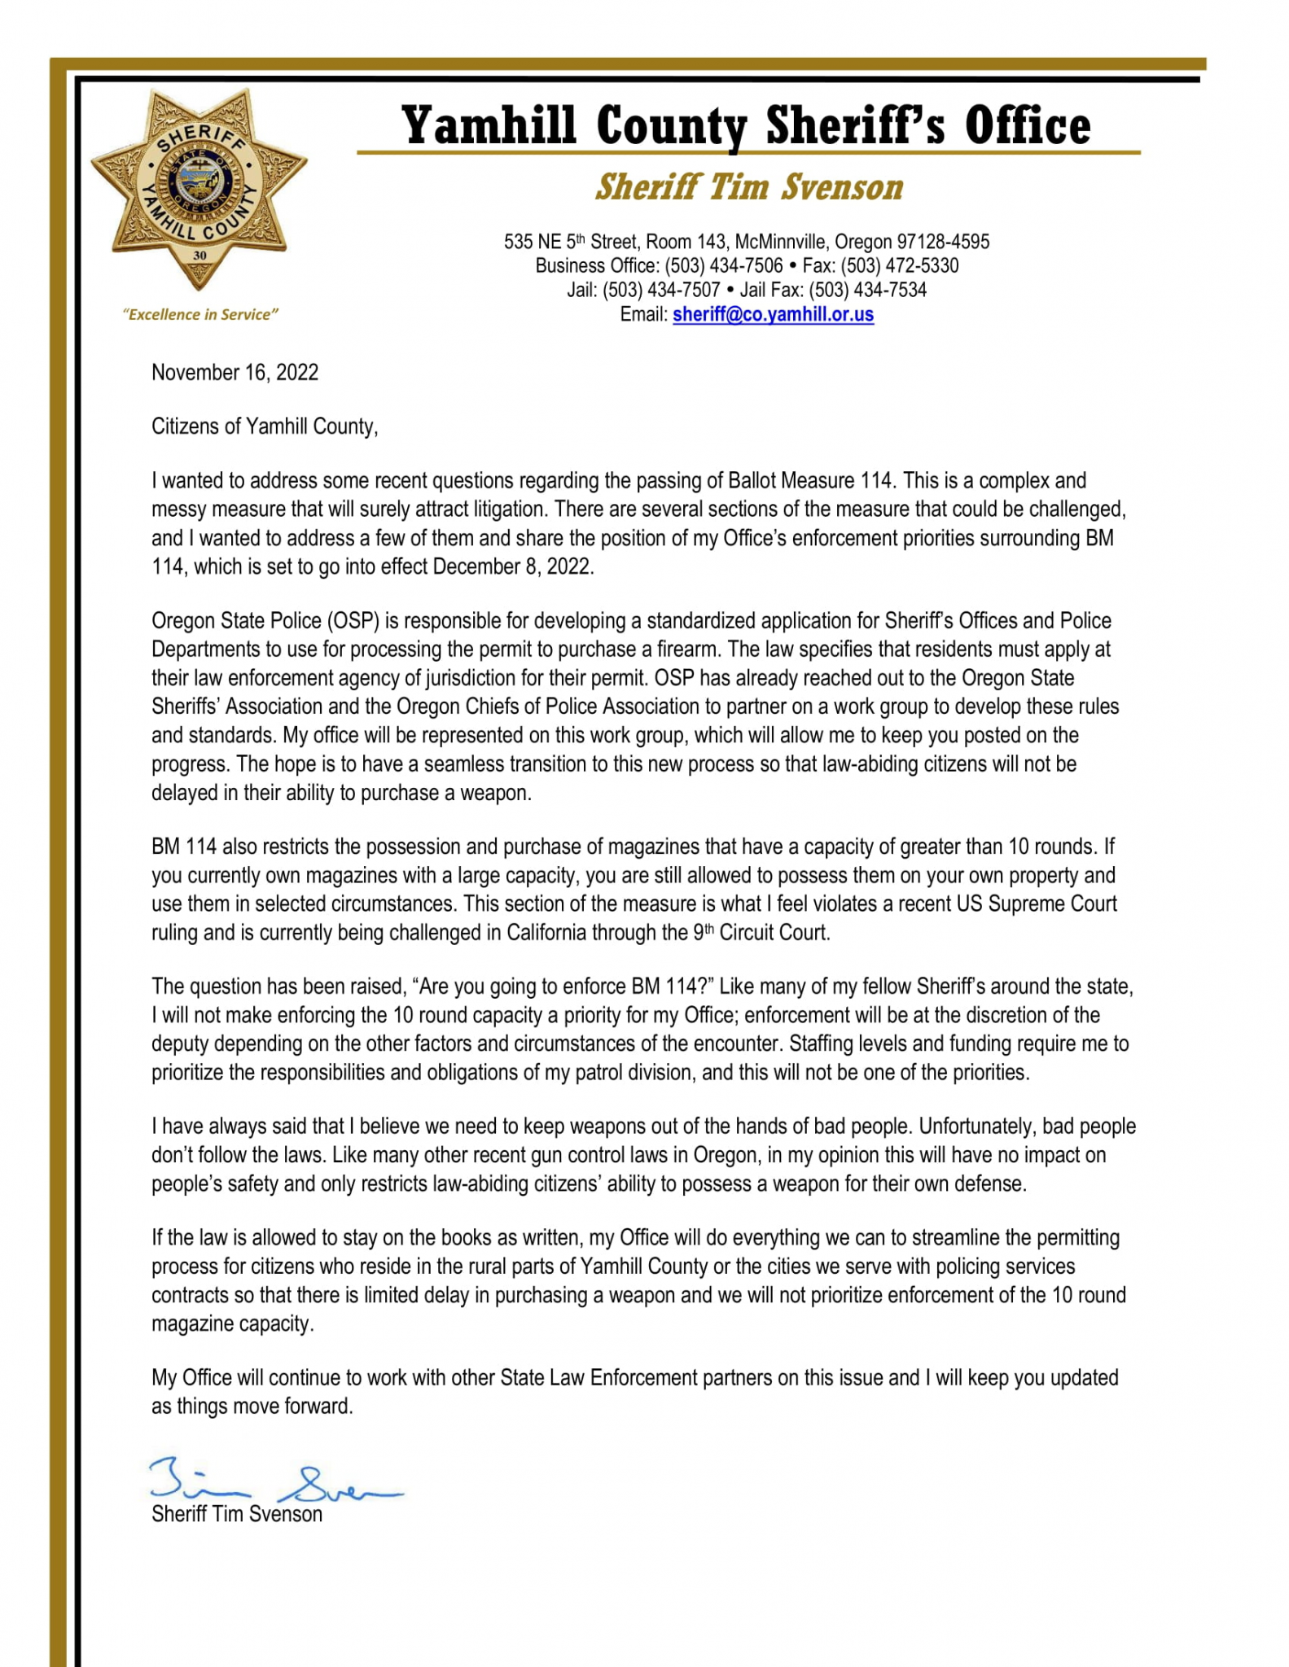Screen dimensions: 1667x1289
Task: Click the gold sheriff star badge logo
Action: pos(199,189)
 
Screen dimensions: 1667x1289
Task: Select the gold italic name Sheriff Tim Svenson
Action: pos(749,187)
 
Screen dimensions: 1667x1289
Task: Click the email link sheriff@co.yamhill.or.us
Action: pos(773,315)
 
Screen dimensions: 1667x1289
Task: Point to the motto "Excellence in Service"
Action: pos(200,315)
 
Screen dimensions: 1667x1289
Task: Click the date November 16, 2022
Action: pos(235,373)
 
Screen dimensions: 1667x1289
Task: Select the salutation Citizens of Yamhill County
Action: pos(265,427)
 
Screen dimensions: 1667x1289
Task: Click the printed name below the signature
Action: pos(237,1515)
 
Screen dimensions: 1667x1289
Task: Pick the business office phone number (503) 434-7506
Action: pos(724,266)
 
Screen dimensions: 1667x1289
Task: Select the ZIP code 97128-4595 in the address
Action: pos(943,242)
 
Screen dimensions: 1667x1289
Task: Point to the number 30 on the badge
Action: pos(200,255)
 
